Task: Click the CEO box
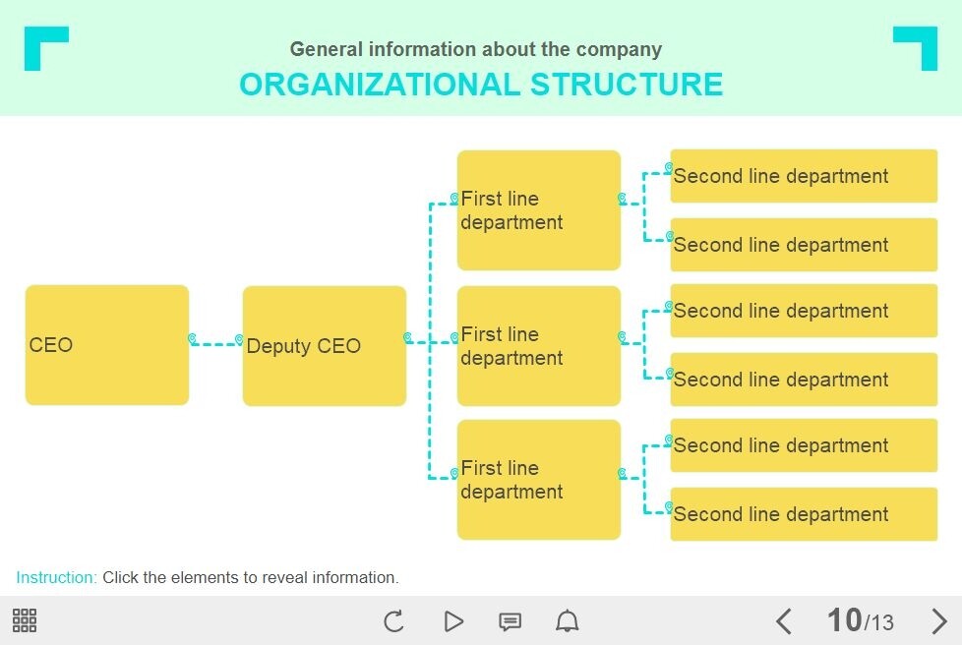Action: point(106,345)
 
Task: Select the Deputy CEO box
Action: point(324,346)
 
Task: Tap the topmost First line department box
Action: point(538,210)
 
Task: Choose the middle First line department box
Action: point(538,346)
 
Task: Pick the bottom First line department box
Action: point(538,480)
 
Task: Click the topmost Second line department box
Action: point(804,176)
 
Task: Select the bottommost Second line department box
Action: point(804,514)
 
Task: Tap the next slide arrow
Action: point(938,621)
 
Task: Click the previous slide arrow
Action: point(784,621)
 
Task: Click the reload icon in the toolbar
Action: point(393,621)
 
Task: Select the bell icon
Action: point(568,621)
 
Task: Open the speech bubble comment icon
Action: point(510,621)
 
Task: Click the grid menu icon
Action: point(25,620)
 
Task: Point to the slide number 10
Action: point(844,620)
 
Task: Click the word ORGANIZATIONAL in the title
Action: point(381,85)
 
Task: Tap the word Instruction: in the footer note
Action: point(56,578)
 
